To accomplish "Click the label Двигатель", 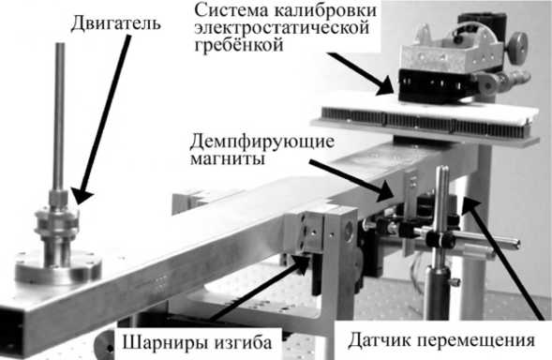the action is (116, 23).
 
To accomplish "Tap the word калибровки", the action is (325, 10).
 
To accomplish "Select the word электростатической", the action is (282, 28).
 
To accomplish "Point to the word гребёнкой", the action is (239, 45).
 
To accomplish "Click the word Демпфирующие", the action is (261, 142).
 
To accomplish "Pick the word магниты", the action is (228, 158).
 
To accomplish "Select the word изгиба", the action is (244, 341).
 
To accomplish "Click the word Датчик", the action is (380, 340).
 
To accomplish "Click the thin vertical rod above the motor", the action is (59, 116).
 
